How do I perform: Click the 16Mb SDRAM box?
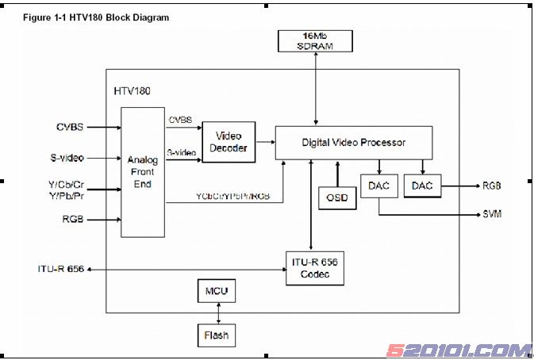316,41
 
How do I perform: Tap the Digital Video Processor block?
354,143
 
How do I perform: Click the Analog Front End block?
143,172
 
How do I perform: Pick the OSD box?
337,196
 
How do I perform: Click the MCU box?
215,292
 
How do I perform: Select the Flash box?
215,335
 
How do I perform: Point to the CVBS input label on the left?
70,126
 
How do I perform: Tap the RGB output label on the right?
492,186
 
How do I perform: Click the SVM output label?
492,214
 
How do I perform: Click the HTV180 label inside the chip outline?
133,93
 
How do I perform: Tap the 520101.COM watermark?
459,349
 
